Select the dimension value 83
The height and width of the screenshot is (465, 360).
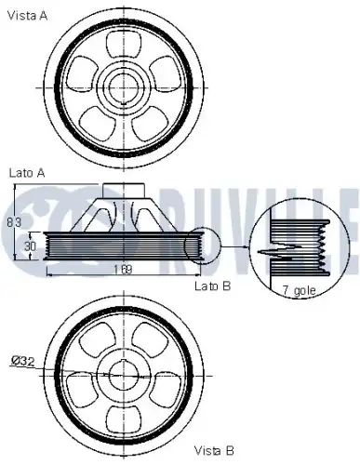[x=12, y=221]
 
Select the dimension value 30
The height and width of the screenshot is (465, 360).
[x=30, y=246]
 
